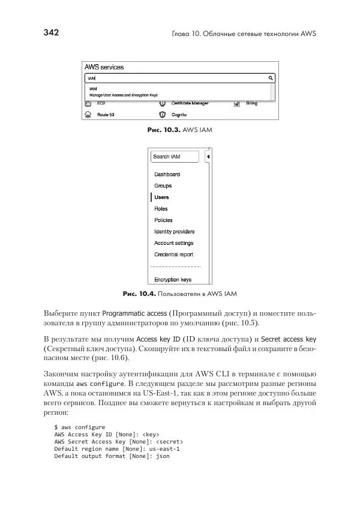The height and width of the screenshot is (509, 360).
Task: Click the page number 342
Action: click(52, 33)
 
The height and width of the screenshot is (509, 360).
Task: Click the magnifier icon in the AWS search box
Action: click(271, 78)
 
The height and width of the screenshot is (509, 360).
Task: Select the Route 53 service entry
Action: click(106, 114)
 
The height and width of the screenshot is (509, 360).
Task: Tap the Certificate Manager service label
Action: click(190, 103)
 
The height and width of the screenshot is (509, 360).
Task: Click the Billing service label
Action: click(251, 103)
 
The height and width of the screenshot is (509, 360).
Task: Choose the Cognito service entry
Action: click(179, 114)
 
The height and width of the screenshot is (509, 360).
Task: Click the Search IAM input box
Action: click(174, 157)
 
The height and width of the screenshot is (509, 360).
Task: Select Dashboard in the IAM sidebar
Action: click(167, 174)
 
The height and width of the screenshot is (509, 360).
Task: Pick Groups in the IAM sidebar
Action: click(163, 185)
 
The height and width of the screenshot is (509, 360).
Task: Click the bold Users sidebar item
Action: click(161, 197)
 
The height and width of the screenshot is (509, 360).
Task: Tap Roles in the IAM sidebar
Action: click(161, 209)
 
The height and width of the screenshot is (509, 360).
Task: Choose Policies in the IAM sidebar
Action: click(163, 220)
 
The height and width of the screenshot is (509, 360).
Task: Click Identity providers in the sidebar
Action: click(174, 232)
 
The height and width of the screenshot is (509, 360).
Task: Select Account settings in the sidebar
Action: click(173, 243)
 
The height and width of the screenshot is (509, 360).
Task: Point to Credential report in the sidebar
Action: click(173, 254)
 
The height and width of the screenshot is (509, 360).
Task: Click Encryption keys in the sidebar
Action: click(172, 280)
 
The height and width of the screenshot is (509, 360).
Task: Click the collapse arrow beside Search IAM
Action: click(207, 157)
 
